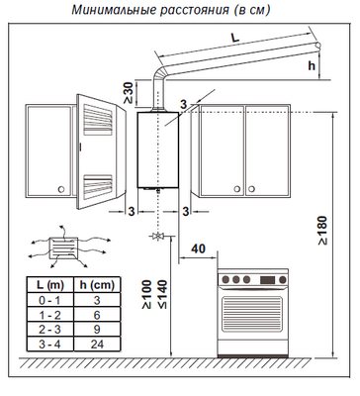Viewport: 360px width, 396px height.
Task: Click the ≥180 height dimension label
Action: [x=322, y=231]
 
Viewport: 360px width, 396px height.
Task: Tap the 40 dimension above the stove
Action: [x=198, y=248]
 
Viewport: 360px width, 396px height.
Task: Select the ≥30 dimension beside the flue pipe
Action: [x=129, y=92]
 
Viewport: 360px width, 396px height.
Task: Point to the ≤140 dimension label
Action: [x=162, y=294]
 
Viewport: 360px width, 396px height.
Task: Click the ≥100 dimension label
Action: [x=146, y=294]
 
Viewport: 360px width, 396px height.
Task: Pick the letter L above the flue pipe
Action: [x=234, y=38]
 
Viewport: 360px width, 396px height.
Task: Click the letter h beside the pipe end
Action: [x=312, y=65]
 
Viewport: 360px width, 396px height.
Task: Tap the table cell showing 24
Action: [x=97, y=345]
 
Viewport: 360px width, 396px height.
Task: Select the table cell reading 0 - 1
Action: [x=49, y=300]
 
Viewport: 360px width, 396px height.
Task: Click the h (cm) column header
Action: [x=97, y=285]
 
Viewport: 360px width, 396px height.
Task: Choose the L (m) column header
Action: [x=50, y=285]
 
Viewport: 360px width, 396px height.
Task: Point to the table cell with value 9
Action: [x=97, y=330]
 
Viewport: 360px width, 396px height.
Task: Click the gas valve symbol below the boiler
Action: [x=158, y=237]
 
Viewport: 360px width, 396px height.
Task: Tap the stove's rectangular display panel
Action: [x=267, y=280]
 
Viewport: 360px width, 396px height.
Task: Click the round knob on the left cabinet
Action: [x=61, y=189]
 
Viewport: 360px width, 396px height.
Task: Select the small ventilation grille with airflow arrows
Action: [x=63, y=248]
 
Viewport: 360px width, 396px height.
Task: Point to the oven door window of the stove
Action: [x=252, y=314]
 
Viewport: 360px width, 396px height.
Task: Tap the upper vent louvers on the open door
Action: [x=98, y=120]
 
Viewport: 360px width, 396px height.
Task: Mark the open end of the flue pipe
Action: [x=317, y=46]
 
